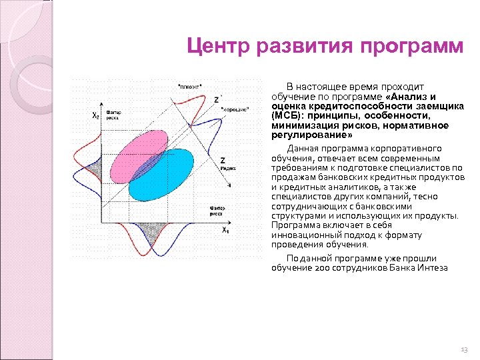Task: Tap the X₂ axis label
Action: (x=96, y=115)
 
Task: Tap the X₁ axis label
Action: (x=225, y=231)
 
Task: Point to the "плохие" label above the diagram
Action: (x=189, y=86)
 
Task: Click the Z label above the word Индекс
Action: (x=222, y=160)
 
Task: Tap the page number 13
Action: (x=464, y=349)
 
